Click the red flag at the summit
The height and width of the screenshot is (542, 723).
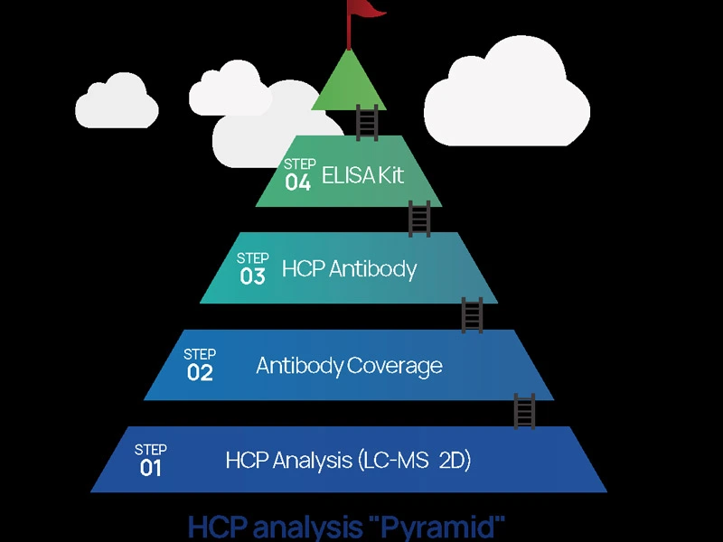coord(367,10)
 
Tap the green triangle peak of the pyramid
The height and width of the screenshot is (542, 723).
coord(348,86)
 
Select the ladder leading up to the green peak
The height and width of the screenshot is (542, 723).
coord(367,123)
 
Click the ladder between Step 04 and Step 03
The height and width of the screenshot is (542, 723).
coord(419,219)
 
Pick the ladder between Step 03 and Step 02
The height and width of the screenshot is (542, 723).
coord(472,315)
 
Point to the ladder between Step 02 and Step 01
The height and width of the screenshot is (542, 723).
coord(524,412)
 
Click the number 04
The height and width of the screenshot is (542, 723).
coord(298,182)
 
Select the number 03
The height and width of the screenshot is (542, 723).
coord(252,276)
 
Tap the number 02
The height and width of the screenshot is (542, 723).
coord(199,372)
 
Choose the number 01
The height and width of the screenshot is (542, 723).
coord(150,468)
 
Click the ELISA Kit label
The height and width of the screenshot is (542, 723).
coord(362,175)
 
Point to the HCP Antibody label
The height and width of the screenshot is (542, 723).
coord(349,269)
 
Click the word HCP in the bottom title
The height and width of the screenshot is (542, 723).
coord(218,527)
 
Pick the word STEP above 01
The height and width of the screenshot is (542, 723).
coord(150,449)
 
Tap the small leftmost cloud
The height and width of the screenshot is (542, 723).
coord(116,101)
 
